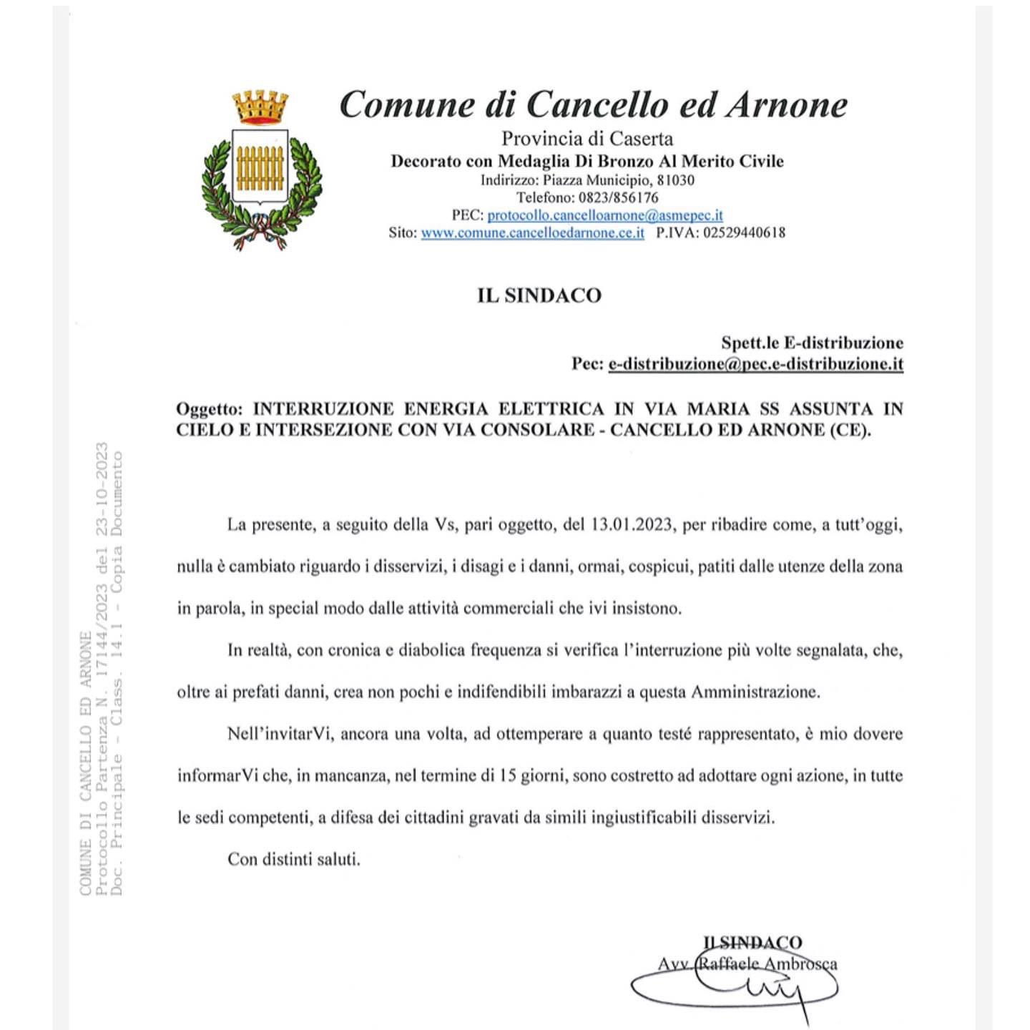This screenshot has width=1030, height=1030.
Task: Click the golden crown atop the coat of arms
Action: coord(260,107)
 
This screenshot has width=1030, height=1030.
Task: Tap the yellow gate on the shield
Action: coord(260,169)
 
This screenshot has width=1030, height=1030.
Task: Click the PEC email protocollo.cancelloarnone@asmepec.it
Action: coord(605,215)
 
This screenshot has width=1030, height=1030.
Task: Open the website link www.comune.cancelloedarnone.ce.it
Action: coord(532,233)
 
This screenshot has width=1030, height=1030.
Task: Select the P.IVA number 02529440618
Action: coord(744,233)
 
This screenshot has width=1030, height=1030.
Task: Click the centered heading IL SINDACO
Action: coord(539,295)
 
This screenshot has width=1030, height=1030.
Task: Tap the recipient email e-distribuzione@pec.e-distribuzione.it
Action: coord(756,364)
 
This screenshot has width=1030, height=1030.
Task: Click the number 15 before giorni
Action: coord(508,776)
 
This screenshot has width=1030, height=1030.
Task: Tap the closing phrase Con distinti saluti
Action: coord(294,859)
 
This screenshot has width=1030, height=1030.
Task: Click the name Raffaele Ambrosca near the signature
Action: coord(767,964)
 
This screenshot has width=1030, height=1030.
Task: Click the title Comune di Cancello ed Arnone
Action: coord(593,105)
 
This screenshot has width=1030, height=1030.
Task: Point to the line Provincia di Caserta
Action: coord(587,139)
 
